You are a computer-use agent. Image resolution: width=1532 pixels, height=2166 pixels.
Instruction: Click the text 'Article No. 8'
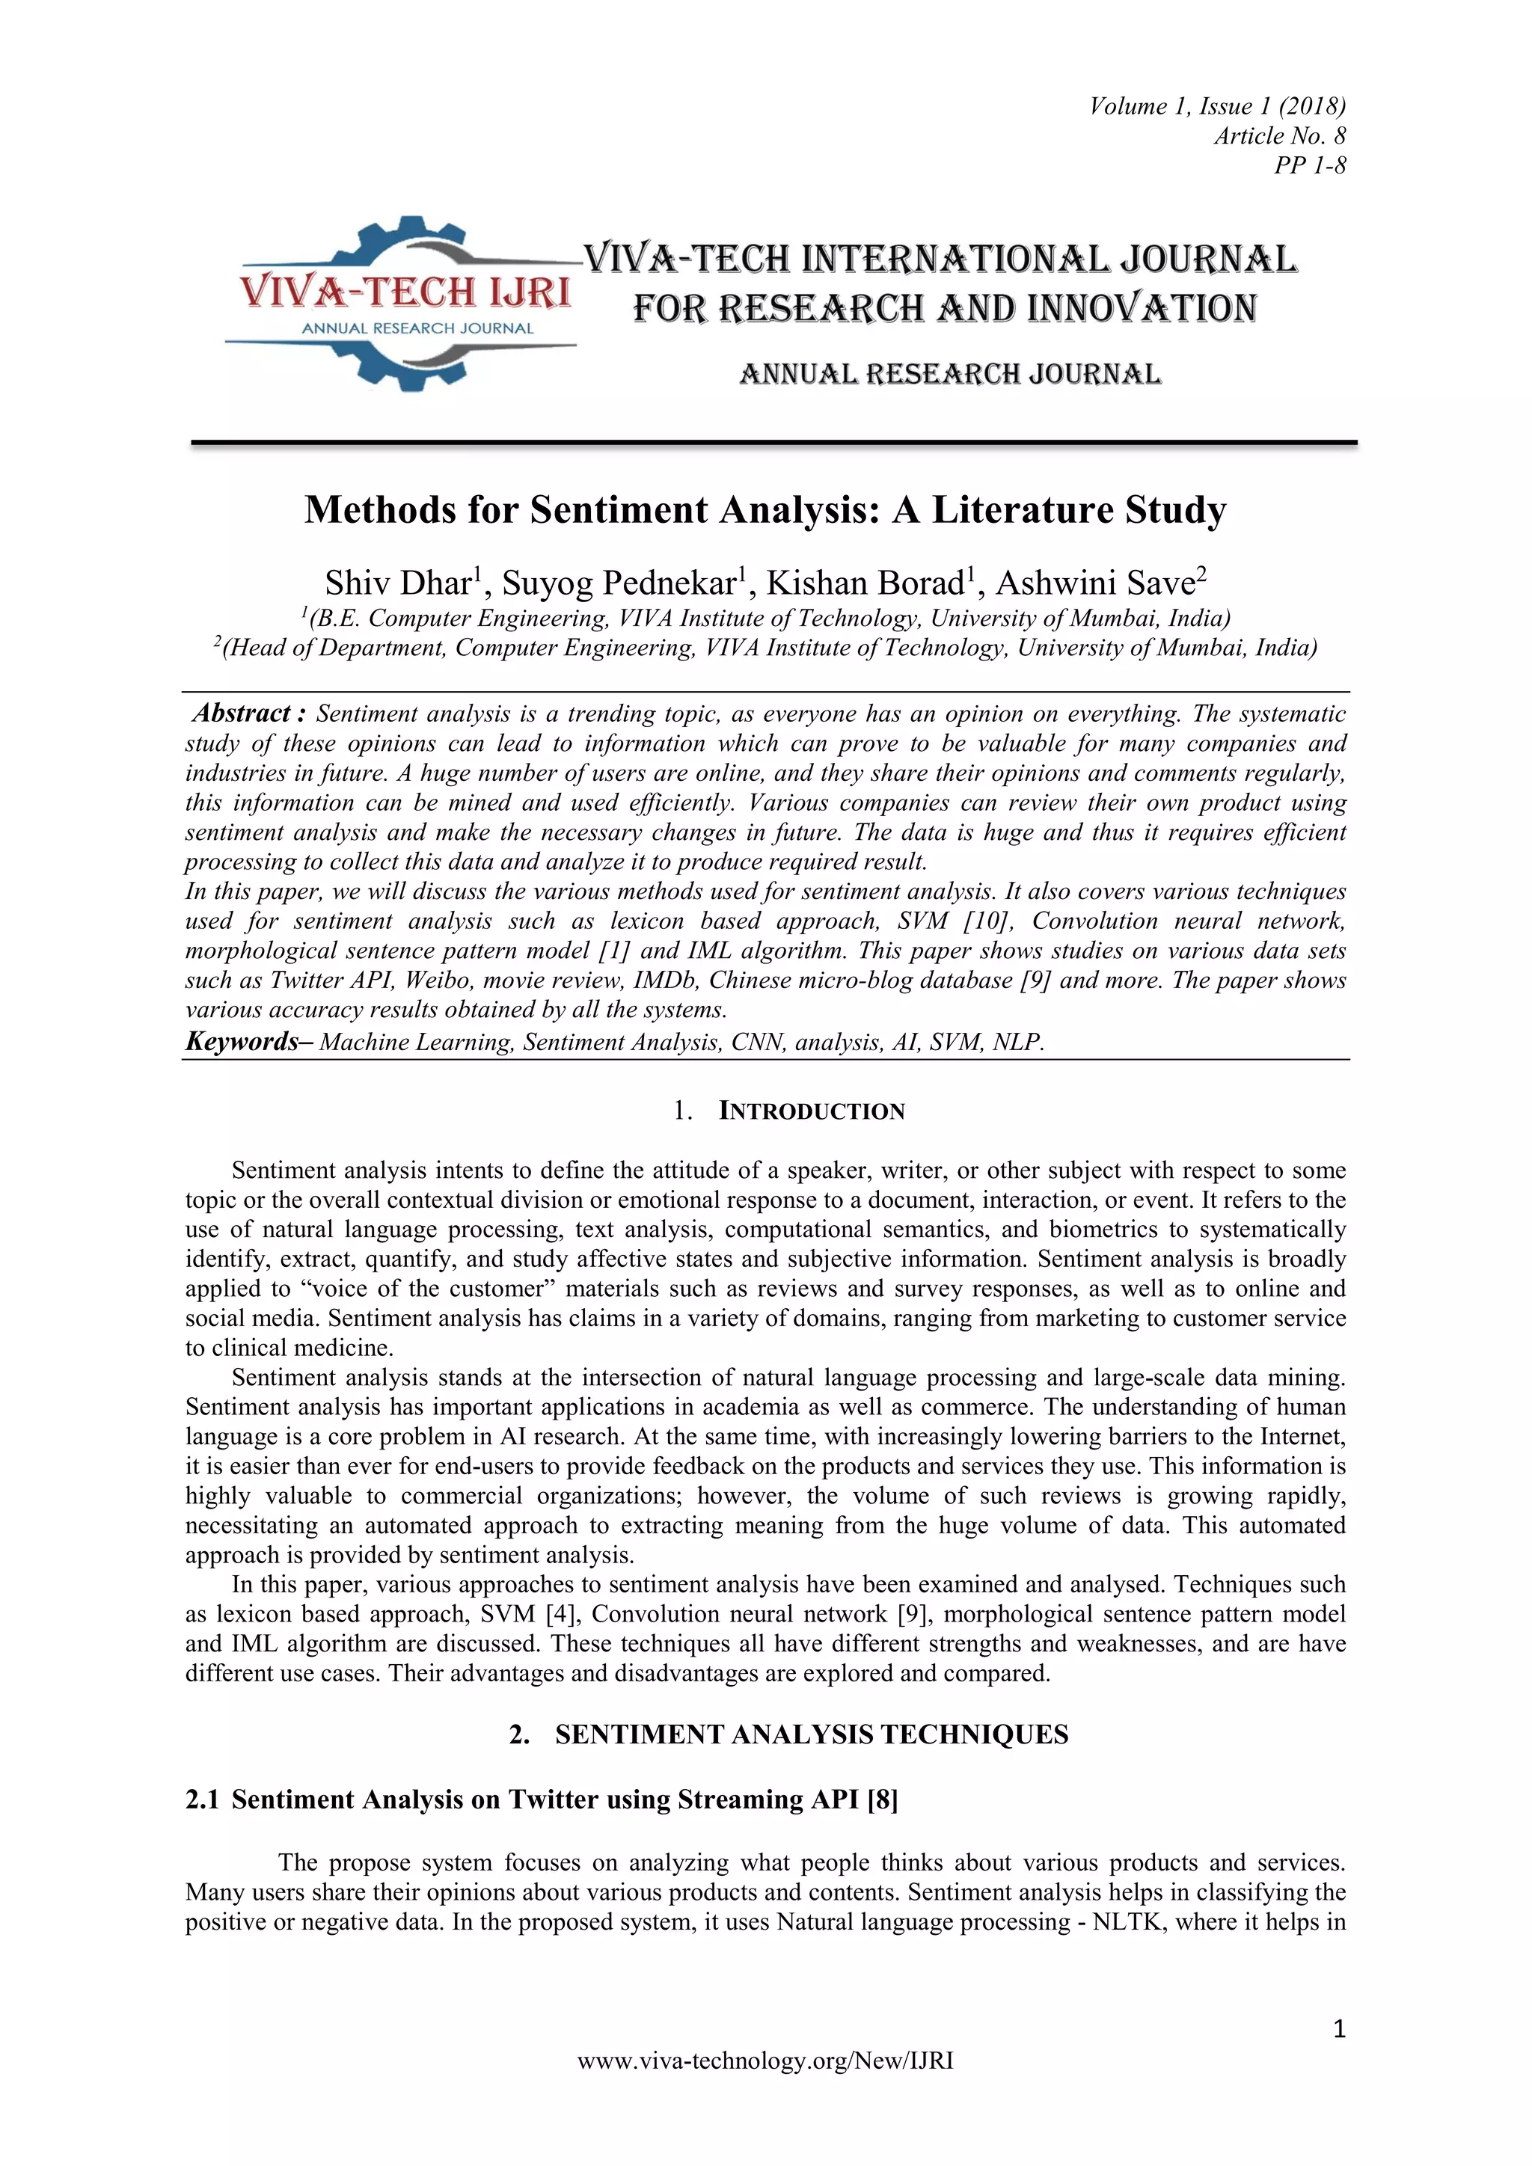click(x=1279, y=136)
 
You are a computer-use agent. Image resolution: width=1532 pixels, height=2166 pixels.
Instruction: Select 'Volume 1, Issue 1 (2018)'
click(x=1217, y=105)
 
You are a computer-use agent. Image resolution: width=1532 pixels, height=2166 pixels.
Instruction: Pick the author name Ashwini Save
click(x=1094, y=584)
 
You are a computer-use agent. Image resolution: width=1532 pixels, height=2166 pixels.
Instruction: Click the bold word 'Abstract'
click(x=242, y=714)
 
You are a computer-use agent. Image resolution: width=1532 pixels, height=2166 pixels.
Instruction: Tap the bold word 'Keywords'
click(x=242, y=1042)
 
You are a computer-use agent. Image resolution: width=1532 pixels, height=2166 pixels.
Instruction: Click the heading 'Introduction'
click(x=812, y=1111)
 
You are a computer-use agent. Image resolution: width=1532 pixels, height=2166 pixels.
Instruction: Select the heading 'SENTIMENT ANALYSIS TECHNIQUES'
click(x=812, y=1735)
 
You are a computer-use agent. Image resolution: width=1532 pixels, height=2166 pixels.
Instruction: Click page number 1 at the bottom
click(x=1338, y=2029)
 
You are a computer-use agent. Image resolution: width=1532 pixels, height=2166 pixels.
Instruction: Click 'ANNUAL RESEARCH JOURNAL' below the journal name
click(x=950, y=375)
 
